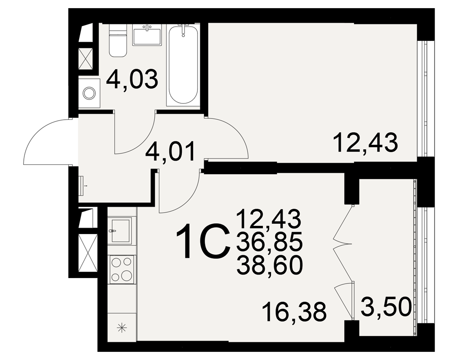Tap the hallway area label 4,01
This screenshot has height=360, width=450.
coord(170,151)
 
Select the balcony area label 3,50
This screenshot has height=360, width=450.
coord(386,308)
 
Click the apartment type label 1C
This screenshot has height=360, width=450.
coord(203,242)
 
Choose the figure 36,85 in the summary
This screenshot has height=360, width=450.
coord(270,242)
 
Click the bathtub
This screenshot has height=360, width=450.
coord(183,65)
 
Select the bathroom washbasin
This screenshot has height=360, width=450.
coord(147,35)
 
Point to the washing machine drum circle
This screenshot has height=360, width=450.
coord(89,93)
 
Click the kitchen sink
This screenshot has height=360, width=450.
coord(120,230)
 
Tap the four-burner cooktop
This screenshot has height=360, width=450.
coord(122,269)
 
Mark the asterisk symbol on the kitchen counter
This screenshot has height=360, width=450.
coord(122,328)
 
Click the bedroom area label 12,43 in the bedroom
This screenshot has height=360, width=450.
coord(366,143)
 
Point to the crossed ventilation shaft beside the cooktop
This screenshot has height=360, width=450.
coord(87,253)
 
